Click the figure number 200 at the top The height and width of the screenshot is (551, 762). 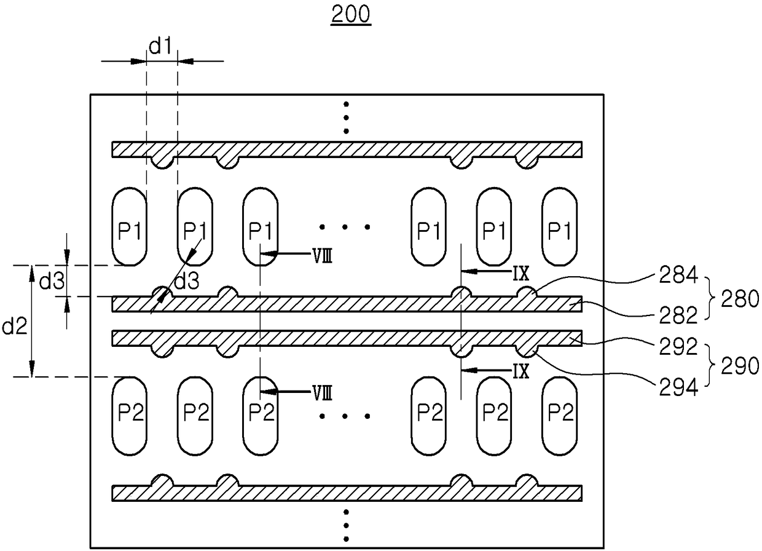(351, 14)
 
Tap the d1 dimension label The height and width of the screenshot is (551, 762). (161, 46)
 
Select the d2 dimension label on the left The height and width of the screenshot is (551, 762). (15, 326)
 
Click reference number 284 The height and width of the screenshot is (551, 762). (678, 275)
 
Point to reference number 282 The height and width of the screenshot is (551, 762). (678, 315)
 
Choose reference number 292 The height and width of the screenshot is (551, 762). (678, 347)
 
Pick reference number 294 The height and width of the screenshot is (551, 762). (678, 387)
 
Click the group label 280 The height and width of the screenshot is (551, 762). (740, 299)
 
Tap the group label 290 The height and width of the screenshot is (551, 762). (740, 366)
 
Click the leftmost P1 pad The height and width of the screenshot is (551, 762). (130, 226)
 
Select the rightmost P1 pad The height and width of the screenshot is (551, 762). (560, 226)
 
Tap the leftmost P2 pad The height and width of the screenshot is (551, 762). (130, 416)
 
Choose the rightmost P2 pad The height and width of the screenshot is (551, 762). (560, 416)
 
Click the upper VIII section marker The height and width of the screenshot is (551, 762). (323, 256)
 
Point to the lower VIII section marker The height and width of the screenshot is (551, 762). (323, 394)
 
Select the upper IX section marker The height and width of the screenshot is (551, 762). (521, 273)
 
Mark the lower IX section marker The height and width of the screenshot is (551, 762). (521, 371)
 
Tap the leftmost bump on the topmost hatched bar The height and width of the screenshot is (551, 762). (162, 163)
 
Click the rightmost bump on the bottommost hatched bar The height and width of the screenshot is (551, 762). (527, 480)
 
